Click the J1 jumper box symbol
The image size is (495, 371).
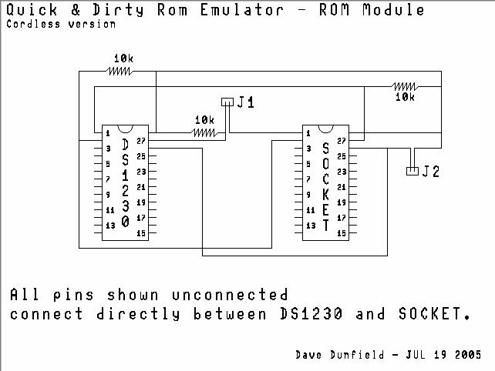(x=227, y=102)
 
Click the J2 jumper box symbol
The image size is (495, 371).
(x=412, y=171)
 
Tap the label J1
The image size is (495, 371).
(x=246, y=102)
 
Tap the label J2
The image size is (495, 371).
(x=431, y=172)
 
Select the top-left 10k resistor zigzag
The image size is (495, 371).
(x=119, y=72)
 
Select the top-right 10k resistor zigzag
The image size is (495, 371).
(x=405, y=86)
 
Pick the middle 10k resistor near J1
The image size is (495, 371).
(x=205, y=132)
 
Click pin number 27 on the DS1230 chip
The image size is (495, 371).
(x=141, y=141)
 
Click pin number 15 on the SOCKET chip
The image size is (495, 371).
(x=342, y=233)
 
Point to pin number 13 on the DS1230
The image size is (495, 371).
(x=110, y=226)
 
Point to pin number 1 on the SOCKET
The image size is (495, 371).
(x=308, y=133)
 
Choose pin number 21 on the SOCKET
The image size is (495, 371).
(x=342, y=187)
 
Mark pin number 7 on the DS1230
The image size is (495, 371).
(x=108, y=179)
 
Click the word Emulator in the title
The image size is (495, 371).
(x=242, y=10)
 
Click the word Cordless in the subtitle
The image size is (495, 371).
(x=33, y=24)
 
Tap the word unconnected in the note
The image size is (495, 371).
(x=230, y=295)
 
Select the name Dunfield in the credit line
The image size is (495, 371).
(x=357, y=355)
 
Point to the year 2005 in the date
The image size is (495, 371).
(x=468, y=355)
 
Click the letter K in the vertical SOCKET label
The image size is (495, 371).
(x=325, y=195)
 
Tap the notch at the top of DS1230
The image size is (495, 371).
(x=125, y=129)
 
